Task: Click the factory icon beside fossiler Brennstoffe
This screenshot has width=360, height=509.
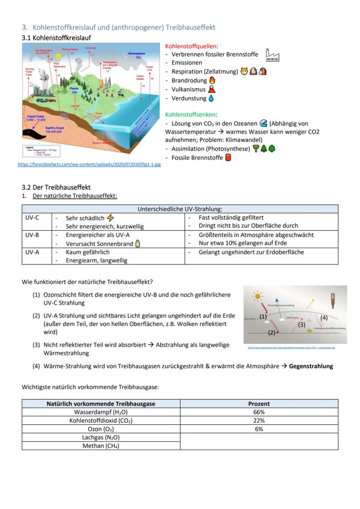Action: tap(273, 55)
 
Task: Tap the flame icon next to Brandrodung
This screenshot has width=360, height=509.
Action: tap(212, 80)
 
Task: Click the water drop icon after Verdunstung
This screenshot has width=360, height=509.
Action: tap(211, 98)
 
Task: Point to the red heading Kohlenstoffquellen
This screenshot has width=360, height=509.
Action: tap(192, 46)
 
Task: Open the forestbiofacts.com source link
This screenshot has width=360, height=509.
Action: tap(89, 164)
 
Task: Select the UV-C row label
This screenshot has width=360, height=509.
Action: tap(32, 218)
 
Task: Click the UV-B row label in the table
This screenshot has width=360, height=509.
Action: tap(32, 235)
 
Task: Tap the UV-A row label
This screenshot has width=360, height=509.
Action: tap(32, 252)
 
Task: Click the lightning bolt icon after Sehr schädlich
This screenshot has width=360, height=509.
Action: tap(110, 218)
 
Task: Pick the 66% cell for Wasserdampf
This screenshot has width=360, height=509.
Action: tap(259, 412)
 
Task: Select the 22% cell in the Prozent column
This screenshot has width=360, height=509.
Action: tap(259, 420)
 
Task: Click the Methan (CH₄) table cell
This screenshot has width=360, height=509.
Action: tap(101, 446)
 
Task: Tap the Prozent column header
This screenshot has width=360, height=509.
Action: tap(259, 404)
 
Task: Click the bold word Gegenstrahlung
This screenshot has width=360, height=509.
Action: tap(311, 366)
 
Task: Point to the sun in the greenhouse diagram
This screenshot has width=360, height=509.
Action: tap(258, 297)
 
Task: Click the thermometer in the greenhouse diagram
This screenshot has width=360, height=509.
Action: tap(333, 300)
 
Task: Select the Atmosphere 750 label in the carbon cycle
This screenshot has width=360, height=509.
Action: tap(137, 55)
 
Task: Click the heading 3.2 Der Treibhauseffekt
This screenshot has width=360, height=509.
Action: tap(56, 187)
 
